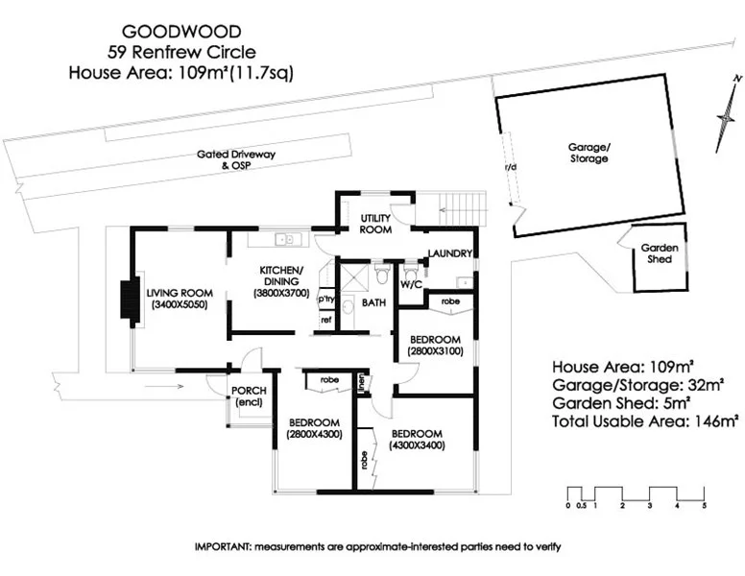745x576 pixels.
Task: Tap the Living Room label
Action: click(x=179, y=299)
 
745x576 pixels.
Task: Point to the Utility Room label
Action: click(x=374, y=225)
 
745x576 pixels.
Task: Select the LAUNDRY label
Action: click(x=451, y=253)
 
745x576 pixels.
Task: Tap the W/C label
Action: click(x=411, y=285)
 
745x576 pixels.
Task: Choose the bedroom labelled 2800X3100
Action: click(x=435, y=346)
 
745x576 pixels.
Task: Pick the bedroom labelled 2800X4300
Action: click(x=314, y=428)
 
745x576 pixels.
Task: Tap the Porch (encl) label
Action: click(x=249, y=396)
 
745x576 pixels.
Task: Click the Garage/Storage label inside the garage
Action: click(x=588, y=153)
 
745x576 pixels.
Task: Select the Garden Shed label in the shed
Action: click(x=660, y=253)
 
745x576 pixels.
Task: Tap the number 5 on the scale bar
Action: click(x=704, y=505)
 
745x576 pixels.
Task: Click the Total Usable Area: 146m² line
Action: click(x=644, y=420)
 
